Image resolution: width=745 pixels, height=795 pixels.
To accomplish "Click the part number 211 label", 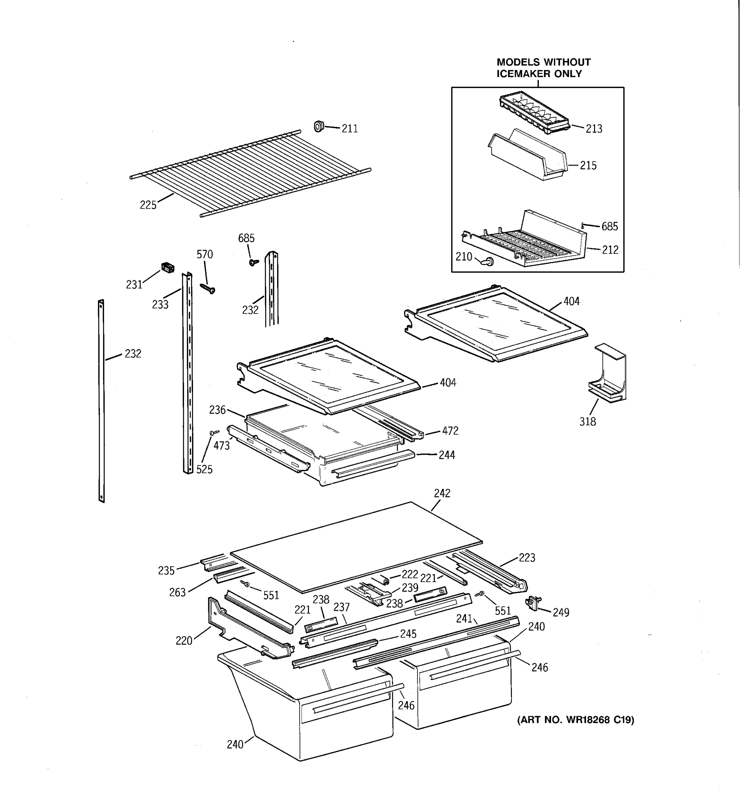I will [x=349, y=129].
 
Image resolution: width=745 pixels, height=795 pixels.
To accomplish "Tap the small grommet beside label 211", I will [x=319, y=126].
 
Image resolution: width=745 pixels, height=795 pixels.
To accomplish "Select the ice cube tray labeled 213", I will [x=533, y=113].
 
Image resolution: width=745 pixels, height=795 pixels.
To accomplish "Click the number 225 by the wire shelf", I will [x=148, y=205].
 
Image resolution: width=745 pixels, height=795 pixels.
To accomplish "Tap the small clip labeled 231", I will [x=168, y=268].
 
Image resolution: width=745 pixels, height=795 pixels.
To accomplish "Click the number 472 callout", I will [x=450, y=431].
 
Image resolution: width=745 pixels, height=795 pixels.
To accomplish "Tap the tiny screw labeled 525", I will [x=214, y=432].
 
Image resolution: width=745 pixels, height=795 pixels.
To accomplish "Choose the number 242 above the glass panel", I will [x=442, y=494].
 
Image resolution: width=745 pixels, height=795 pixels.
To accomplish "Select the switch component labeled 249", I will [x=533, y=602].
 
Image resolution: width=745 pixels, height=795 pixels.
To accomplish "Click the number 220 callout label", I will [x=184, y=641].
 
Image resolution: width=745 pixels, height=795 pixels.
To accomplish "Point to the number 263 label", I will [x=177, y=592].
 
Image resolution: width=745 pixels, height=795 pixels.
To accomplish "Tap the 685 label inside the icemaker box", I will [x=610, y=227].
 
